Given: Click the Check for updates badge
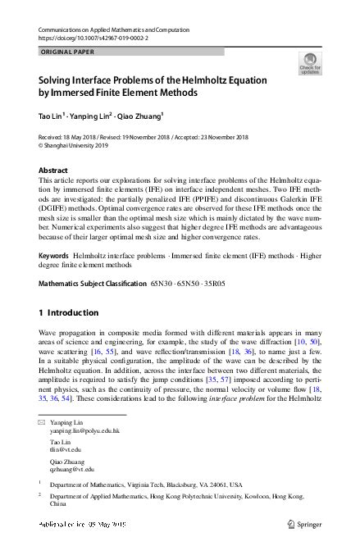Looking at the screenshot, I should [x=310, y=63].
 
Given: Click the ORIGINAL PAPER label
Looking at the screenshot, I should [x=67, y=51].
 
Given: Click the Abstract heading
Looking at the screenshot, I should [x=53, y=170].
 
